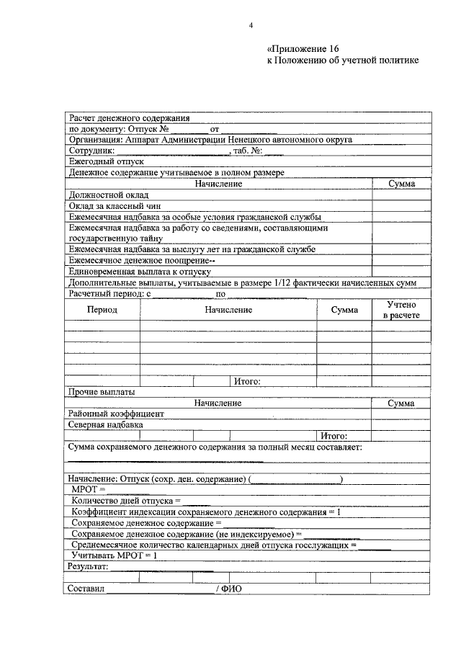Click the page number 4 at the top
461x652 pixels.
click(251, 26)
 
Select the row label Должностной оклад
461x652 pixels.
click(108, 195)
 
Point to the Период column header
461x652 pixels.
click(102, 309)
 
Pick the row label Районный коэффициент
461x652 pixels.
click(117, 414)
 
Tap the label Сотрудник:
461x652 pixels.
click(91, 151)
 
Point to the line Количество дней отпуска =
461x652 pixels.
click(126, 500)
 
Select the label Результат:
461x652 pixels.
click(89, 567)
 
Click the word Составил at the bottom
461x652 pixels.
click(86, 589)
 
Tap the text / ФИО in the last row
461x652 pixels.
click(229, 589)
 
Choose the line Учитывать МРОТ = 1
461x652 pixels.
click(115, 555)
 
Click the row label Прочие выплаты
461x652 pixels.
click(101, 393)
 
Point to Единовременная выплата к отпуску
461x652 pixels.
click(139, 272)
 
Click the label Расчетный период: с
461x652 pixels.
click(109, 294)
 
